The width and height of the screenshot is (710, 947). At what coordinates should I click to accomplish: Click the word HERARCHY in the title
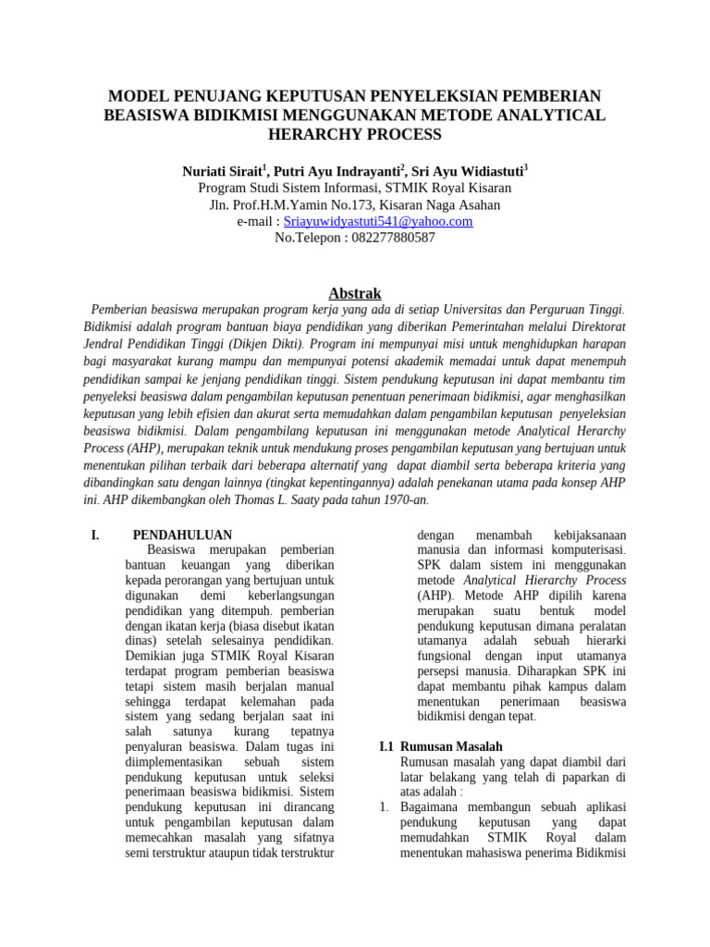pyautogui.click(x=312, y=134)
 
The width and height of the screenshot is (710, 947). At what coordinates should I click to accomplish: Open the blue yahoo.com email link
pyautogui.click(x=378, y=221)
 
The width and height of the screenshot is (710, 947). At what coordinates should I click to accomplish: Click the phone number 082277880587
pyautogui.click(x=393, y=238)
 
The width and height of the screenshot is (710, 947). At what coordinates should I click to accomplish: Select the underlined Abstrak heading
pyautogui.click(x=355, y=293)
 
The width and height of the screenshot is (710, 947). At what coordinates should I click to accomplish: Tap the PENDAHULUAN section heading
pyautogui.click(x=182, y=535)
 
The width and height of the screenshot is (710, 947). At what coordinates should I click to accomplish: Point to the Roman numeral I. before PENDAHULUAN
pyautogui.click(x=93, y=535)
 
